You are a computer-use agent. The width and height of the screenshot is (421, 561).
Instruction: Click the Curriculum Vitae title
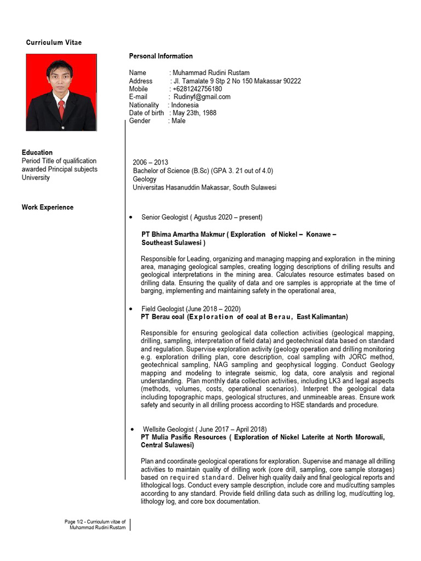pos(54,43)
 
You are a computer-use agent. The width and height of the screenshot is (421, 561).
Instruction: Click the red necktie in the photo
pos(61,108)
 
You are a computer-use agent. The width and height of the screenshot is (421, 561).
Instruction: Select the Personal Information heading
pos(161,56)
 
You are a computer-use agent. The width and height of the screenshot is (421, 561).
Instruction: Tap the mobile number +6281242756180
pos(197,89)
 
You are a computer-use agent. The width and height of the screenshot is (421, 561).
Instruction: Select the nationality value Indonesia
pos(185,105)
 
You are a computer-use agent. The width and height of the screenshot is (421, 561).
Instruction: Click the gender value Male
pos(178,121)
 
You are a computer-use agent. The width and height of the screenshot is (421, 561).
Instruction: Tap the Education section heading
pos(37,152)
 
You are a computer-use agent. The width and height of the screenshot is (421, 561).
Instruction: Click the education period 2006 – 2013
pos(150,163)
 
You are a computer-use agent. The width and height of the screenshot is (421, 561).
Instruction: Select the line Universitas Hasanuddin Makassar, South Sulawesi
pos(204,187)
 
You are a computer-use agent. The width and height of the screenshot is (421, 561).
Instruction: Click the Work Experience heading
pos(48,207)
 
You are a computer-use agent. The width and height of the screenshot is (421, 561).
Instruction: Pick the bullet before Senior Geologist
pos(130,217)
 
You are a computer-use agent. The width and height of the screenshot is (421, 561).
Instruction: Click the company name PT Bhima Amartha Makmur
pos(183,234)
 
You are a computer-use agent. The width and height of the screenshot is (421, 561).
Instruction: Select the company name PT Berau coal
pos(163,317)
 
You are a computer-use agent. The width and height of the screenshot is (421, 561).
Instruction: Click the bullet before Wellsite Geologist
pos(132,429)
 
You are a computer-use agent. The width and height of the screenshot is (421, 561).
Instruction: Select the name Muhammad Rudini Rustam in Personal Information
pos(210,73)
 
